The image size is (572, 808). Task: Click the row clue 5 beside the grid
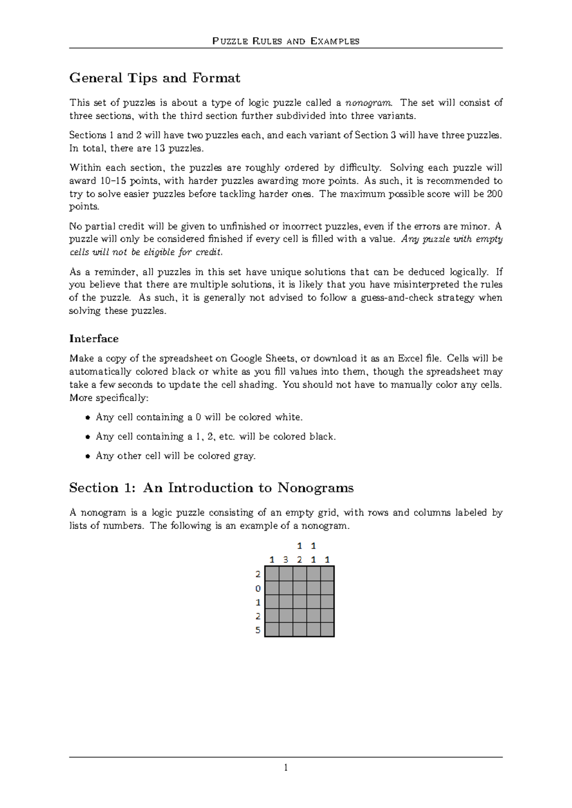[258, 630]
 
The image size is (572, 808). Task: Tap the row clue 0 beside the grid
[258, 588]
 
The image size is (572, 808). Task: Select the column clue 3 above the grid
[286, 559]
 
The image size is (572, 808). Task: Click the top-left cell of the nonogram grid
[272, 573]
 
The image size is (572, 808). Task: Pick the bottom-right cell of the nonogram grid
[327, 629]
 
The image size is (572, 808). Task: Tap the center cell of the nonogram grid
[299, 601]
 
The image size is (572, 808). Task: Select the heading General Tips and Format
[155, 78]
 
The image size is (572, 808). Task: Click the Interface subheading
[94, 338]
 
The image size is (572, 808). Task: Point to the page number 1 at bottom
[286, 768]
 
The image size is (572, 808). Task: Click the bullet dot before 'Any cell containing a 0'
[87, 418]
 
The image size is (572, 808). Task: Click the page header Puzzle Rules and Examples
[286, 41]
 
